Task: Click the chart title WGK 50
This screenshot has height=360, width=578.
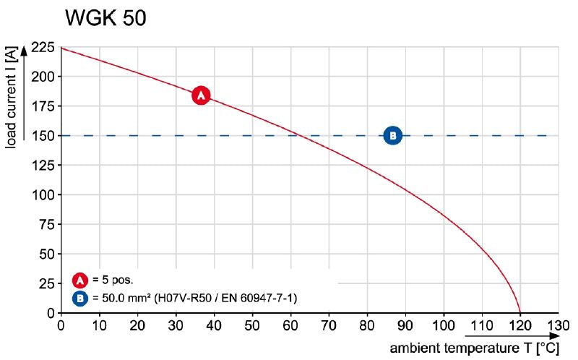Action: tap(105, 19)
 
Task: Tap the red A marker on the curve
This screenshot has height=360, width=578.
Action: tap(201, 95)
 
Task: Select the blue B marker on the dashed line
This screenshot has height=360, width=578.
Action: tap(392, 134)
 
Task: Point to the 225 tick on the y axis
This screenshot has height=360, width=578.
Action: tap(43, 49)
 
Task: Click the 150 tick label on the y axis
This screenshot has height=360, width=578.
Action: tap(43, 135)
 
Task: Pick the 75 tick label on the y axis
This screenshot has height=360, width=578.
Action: tap(46, 224)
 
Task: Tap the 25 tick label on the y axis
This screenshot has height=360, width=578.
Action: tap(46, 283)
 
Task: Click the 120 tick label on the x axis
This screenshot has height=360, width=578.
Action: tap(519, 325)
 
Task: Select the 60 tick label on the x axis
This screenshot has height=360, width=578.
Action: tap(290, 325)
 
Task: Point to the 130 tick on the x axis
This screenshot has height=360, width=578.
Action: tap(558, 325)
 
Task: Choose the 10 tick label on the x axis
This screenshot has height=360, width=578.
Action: tap(99, 325)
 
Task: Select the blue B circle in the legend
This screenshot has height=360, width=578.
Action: tap(81, 297)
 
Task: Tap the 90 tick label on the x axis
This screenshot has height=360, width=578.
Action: tap(405, 325)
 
